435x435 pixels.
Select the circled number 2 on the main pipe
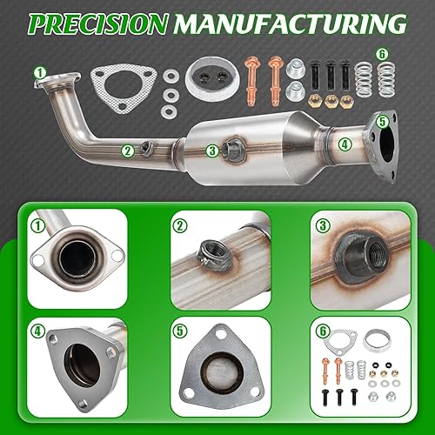point(128,150)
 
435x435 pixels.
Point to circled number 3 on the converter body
point(211,150)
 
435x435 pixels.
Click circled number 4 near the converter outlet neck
point(345,144)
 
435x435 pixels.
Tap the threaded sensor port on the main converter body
point(235,148)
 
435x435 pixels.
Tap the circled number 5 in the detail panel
point(178,331)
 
